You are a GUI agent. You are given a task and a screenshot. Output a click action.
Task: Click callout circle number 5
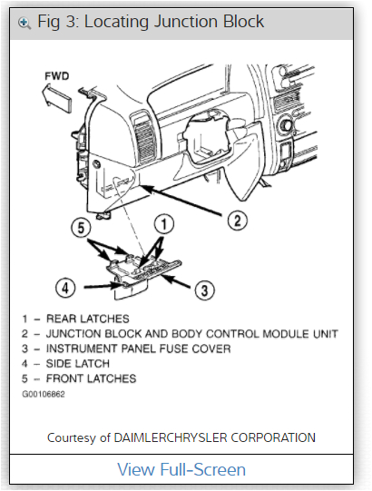click(83, 228)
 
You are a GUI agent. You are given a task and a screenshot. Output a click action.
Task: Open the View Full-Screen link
click(181, 469)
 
